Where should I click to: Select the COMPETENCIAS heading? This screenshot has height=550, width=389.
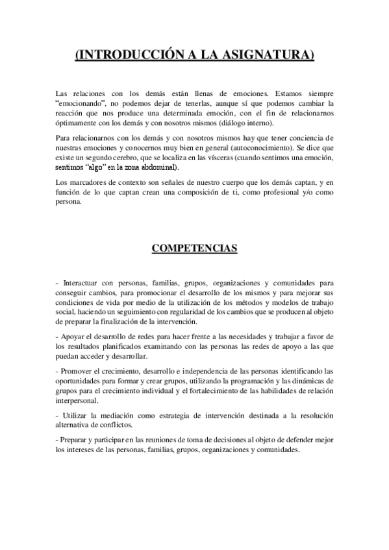[194, 248]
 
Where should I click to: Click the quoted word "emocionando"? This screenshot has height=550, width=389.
[79, 104]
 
